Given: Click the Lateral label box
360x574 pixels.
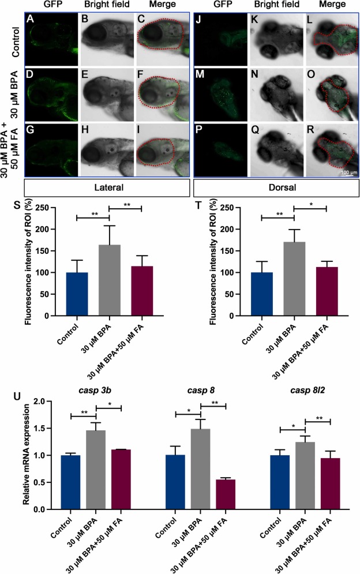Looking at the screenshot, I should [x=107, y=189].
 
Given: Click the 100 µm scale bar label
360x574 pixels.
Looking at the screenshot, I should [x=346, y=172].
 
